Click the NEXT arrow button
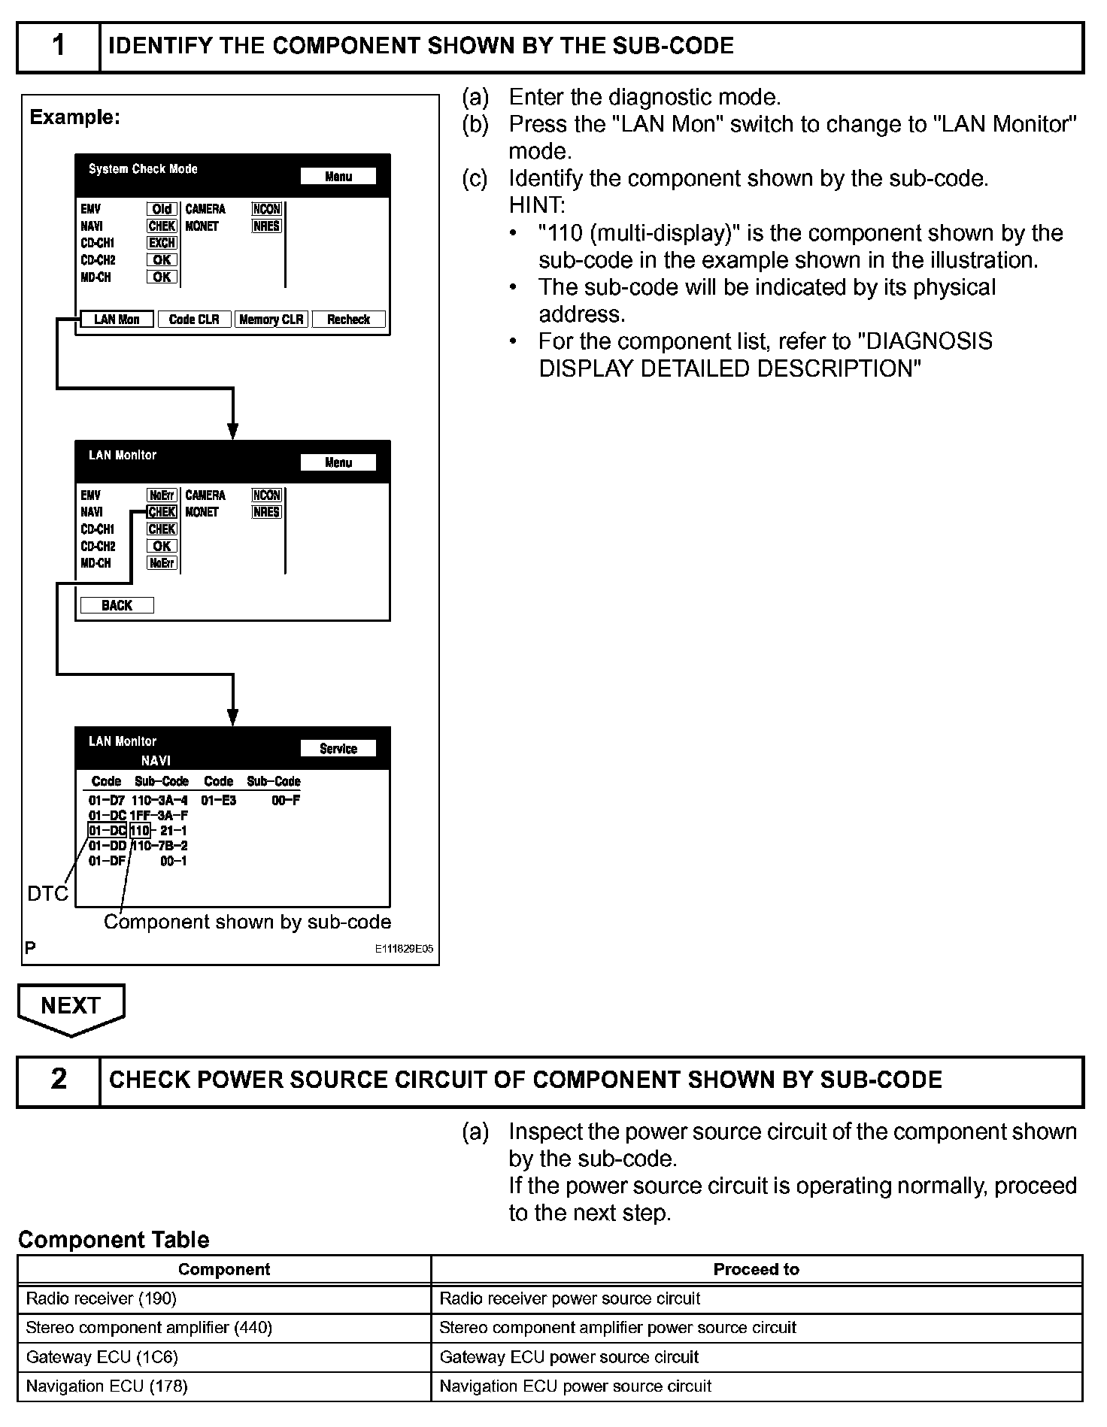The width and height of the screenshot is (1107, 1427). (71, 1007)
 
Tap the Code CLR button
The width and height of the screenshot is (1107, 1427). (194, 320)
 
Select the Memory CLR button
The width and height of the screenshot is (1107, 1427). (271, 320)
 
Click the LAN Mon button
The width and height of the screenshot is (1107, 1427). (117, 320)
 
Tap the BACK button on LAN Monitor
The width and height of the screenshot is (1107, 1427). (117, 605)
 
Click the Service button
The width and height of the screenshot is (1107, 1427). (338, 749)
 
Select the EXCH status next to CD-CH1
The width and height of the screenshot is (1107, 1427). (162, 243)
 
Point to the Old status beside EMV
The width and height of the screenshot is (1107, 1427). (162, 209)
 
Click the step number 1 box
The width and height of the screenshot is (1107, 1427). (59, 47)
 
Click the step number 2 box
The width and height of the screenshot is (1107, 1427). (59, 1080)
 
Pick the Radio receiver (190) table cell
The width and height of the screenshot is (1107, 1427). (224, 1298)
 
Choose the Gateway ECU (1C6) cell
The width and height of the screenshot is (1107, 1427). (224, 1357)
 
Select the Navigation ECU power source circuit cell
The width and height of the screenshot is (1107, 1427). (756, 1386)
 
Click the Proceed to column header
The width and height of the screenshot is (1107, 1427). (756, 1269)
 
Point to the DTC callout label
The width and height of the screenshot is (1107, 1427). (47, 893)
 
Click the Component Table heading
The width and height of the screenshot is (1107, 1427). (114, 1240)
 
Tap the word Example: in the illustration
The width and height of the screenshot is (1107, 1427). (74, 118)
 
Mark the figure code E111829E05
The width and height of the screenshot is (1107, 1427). (404, 949)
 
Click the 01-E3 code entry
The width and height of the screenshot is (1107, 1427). (218, 801)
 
